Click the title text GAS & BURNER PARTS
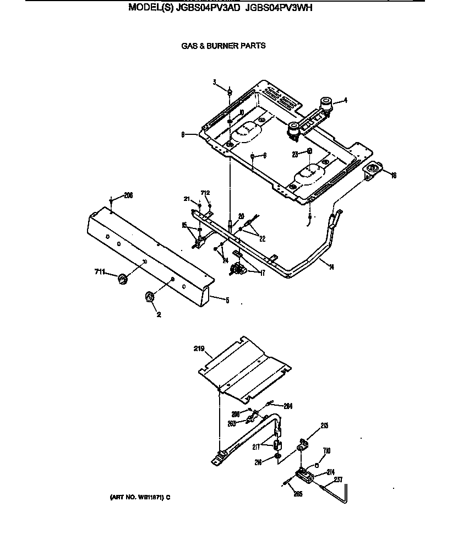click(x=223, y=46)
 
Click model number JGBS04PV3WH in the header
click(x=279, y=8)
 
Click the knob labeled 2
click(x=150, y=297)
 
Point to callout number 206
click(x=128, y=195)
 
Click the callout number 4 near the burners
click(x=345, y=100)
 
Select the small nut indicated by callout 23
click(x=310, y=151)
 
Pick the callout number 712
click(x=205, y=193)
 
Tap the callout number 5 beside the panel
click(x=227, y=301)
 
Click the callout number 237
click(x=338, y=479)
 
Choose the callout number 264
click(x=287, y=406)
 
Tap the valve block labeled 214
click(x=304, y=474)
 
